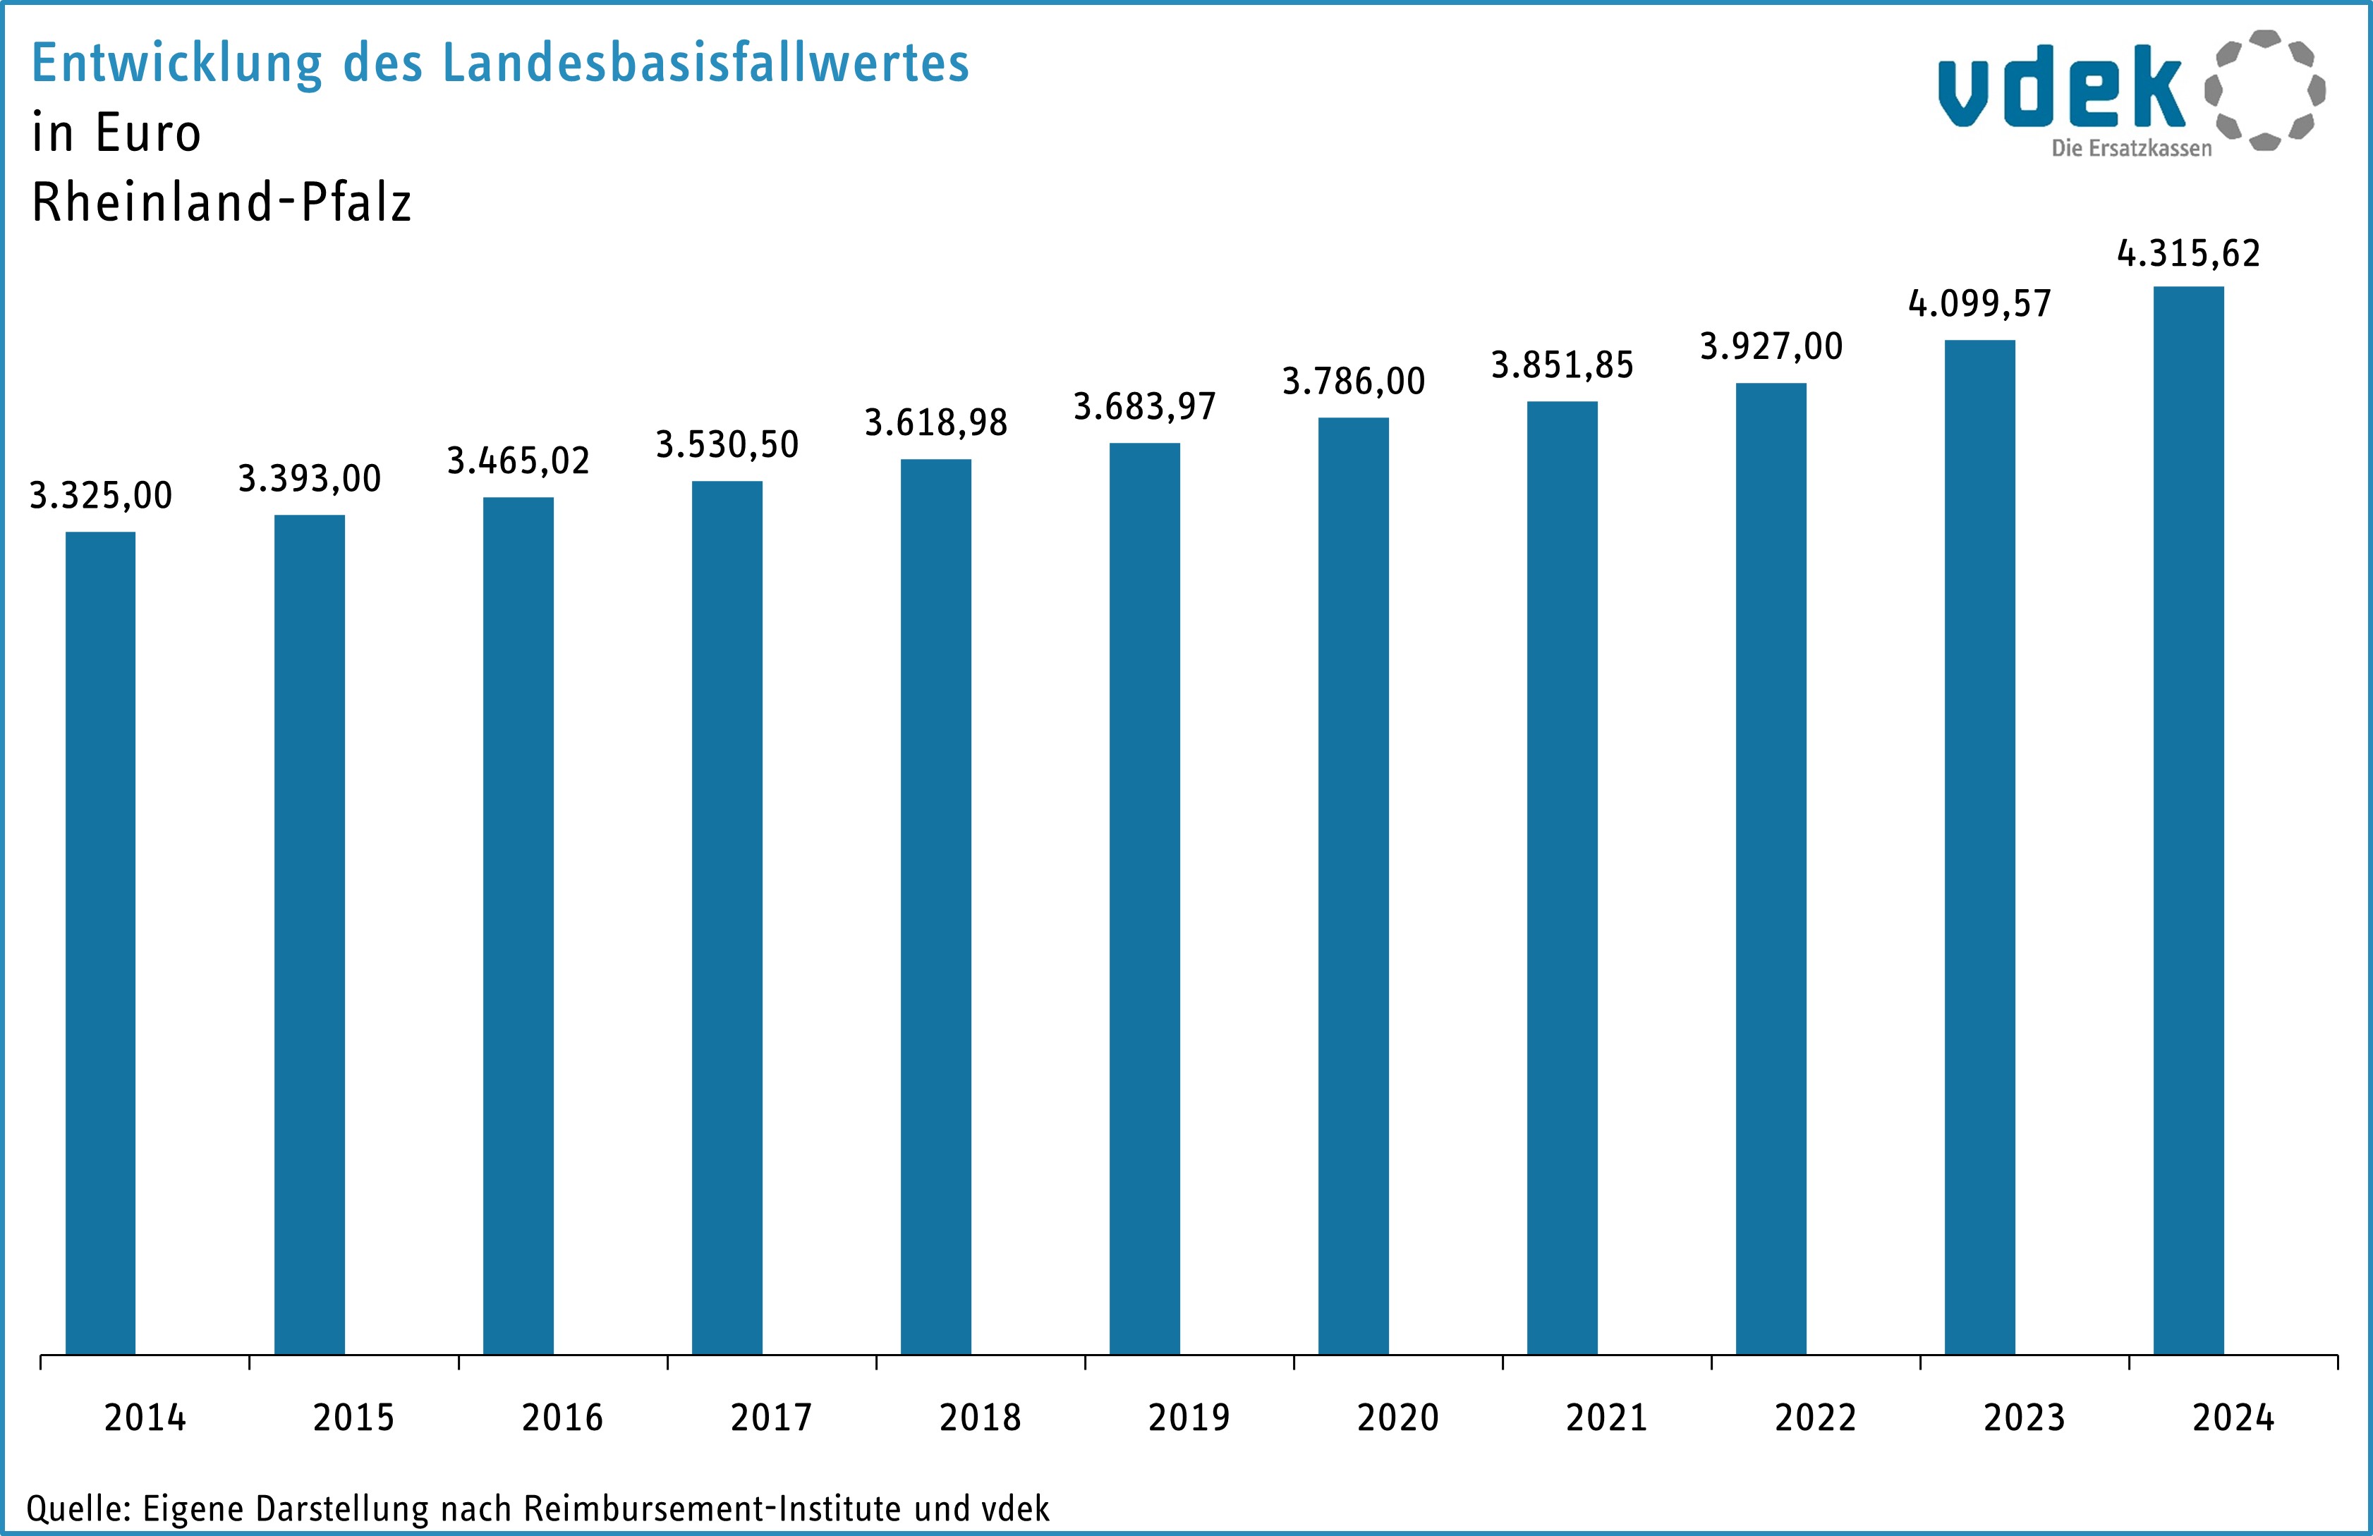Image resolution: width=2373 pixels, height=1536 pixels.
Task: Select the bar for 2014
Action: tap(101, 942)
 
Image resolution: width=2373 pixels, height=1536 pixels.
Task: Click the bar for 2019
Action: tap(1145, 897)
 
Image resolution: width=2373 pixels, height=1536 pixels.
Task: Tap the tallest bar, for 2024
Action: tap(2189, 819)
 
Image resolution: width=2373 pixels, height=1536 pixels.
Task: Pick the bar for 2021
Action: tap(1562, 877)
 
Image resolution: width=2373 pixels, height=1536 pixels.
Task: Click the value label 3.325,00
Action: tap(101, 495)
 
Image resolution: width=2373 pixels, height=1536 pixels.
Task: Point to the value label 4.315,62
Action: tap(2189, 253)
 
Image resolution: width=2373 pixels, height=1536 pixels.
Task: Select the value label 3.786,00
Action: tap(1353, 381)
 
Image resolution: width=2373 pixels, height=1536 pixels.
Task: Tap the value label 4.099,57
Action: tap(1979, 303)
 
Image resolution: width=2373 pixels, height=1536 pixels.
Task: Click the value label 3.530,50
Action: tap(727, 444)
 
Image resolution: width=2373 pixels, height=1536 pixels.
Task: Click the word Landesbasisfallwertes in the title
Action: tap(705, 63)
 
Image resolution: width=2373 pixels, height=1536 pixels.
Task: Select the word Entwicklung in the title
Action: tap(176, 63)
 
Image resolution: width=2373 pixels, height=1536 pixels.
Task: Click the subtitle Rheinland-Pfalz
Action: tap(221, 202)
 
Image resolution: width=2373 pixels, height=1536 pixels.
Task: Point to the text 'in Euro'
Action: tap(116, 133)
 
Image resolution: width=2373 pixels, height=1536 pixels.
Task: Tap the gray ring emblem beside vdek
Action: tap(2265, 90)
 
